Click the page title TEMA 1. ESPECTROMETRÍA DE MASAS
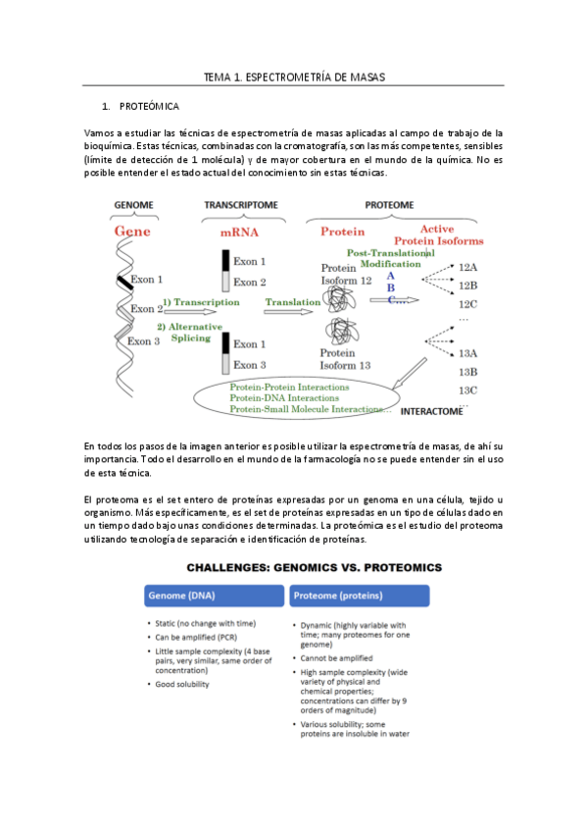point(293,77)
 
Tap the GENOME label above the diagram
point(134,205)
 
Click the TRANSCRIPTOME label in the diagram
point(240,205)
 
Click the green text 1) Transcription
point(201,303)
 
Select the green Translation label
point(293,303)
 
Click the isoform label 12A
point(467,267)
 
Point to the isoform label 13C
point(467,390)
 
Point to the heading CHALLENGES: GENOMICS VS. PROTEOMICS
point(293,567)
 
